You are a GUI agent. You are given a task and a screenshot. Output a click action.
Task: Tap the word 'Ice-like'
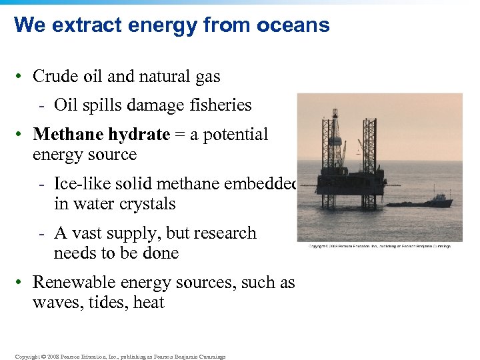[81, 184]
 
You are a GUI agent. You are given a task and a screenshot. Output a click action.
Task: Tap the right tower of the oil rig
[369, 150]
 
